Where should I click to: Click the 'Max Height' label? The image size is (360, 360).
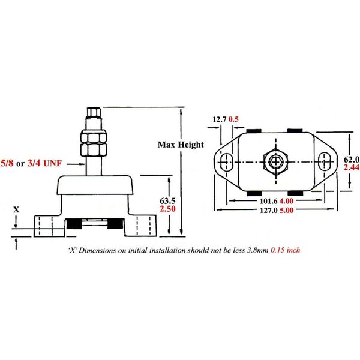click(181, 145)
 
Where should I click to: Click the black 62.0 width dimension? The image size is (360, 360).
click(351, 159)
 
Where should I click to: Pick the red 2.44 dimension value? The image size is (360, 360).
click(351, 169)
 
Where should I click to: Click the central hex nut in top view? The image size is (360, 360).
click(275, 161)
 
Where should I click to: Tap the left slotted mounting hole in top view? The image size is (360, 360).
click(227, 161)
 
